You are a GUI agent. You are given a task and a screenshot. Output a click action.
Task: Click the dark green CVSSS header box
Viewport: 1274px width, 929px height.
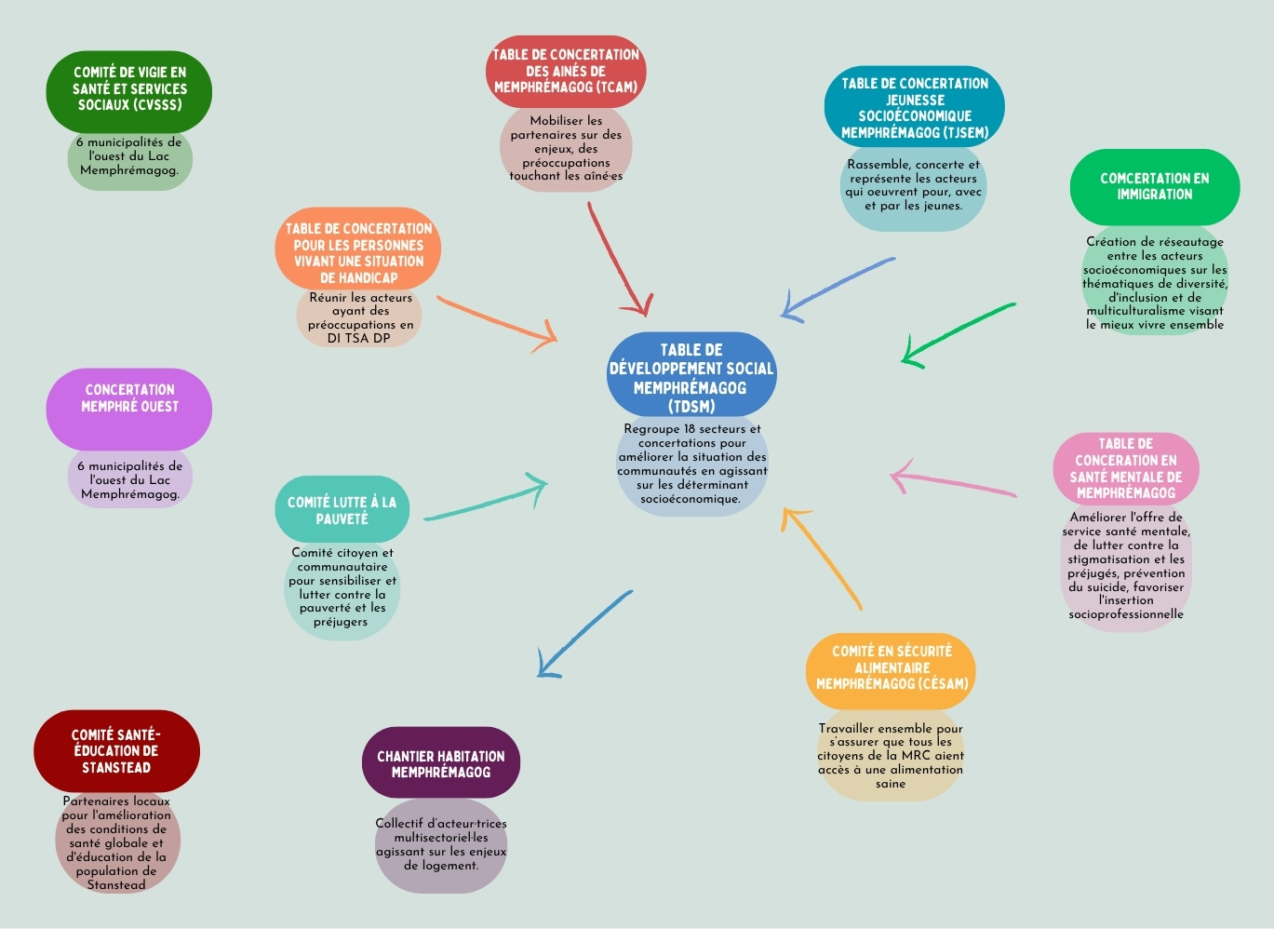pos(129,91)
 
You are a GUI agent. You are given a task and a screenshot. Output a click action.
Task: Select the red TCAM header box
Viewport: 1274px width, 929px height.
pos(566,72)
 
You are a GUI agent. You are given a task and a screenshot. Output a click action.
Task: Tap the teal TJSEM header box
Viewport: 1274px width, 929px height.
pos(915,106)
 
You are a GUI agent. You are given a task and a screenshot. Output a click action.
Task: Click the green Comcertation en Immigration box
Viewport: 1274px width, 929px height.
pos(1155,187)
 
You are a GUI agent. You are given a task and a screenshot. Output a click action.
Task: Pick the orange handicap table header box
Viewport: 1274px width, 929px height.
pos(357,249)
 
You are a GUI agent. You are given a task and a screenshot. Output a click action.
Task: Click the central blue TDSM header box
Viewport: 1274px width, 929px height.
pos(691,374)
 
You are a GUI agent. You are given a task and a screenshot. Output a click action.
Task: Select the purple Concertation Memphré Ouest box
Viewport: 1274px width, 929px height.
pos(129,409)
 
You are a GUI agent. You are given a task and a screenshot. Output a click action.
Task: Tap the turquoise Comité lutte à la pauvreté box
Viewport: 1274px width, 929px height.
pos(342,509)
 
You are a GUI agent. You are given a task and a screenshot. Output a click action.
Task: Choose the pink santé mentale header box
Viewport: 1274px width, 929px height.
pos(1126,469)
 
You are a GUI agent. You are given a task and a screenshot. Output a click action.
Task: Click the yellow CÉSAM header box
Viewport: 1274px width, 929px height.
pos(891,671)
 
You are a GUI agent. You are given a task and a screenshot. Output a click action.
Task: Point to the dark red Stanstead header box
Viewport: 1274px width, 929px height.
pos(116,751)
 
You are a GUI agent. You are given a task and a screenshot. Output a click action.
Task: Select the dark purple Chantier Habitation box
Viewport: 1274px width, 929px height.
pos(441,762)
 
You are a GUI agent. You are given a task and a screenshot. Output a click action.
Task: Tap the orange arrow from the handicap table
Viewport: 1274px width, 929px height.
pos(496,323)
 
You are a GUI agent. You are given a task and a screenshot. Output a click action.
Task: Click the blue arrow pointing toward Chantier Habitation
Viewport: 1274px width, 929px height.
pos(584,634)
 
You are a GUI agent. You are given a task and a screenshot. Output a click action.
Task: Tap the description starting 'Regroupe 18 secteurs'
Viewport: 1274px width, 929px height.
pos(691,464)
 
